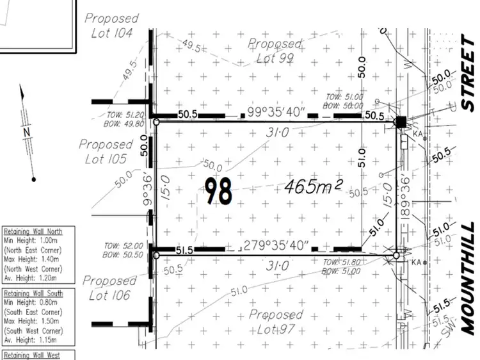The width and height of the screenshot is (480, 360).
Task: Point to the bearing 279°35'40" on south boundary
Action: click(275, 245)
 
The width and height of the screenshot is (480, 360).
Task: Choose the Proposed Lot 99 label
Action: click(275, 51)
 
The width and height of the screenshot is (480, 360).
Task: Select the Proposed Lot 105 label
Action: click(106, 151)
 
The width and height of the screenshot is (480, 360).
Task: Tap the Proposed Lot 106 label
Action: click(109, 288)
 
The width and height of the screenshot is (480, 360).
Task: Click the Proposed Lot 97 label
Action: click(275, 322)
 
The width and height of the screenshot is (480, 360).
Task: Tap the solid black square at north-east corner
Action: click(401, 122)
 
